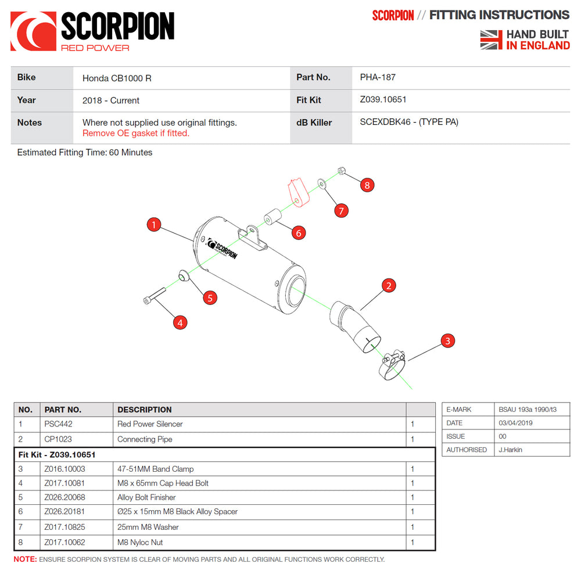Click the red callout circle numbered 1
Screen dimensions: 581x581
(x=153, y=225)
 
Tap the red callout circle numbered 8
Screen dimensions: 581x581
(x=367, y=185)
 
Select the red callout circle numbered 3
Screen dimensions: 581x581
(x=447, y=340)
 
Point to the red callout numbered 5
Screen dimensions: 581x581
(x=210, y=297)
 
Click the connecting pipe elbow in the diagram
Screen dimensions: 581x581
(x=353, y=327)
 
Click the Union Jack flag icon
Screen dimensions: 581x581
(x=491, y=40)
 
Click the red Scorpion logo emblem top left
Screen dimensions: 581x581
(x=33, y=31)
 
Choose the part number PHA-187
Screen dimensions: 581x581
(x=378, y=77)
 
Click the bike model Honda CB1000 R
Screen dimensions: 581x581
(x=117, y=78)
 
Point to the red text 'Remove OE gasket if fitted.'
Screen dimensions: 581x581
(x=135, y=133)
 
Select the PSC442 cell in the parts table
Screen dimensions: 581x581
(x=58, y=424)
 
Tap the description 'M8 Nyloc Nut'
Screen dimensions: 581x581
(x=140, y=542)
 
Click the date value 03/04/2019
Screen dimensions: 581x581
(x=515, y=423)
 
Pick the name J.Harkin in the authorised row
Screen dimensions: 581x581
(x=511, y=450)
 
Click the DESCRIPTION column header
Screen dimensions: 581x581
(x=145, y=410)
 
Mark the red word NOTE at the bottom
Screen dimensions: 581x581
(x=25, y=560)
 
